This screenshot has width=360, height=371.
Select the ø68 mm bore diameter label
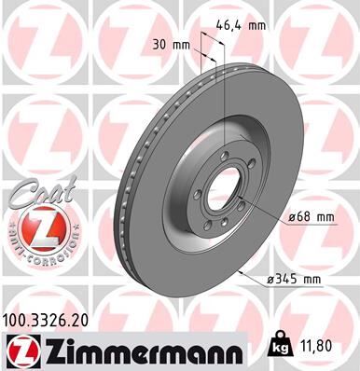point(312,216)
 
